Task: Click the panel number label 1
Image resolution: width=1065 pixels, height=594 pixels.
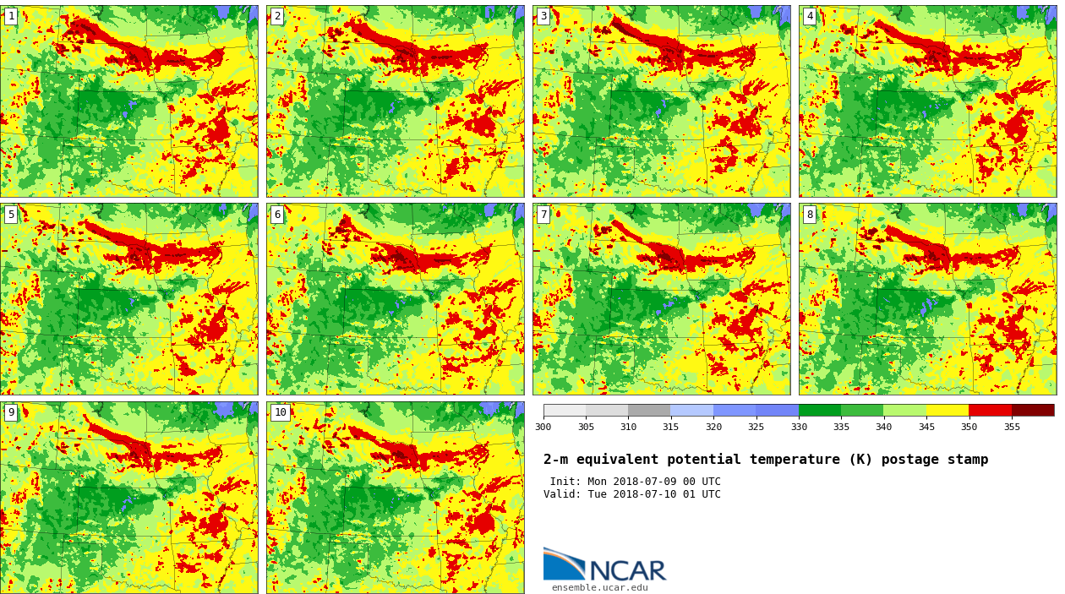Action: (x=11, y=16)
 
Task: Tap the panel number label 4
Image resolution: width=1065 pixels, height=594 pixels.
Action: (x=810, y=16)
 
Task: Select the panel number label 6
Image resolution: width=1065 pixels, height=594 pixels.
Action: (x=277, y=215)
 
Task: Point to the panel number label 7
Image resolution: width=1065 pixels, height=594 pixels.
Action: (x=543, y=215)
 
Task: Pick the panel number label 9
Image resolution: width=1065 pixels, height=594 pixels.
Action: (x=11, y=412)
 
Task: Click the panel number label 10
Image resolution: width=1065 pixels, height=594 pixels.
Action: (x=280, y=412)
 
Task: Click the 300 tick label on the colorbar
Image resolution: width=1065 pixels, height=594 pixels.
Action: (x=543, y=427)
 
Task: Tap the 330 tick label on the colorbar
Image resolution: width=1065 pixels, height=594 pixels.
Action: (x=798, y=427)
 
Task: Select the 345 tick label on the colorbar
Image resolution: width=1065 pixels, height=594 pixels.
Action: (x=926, y=427)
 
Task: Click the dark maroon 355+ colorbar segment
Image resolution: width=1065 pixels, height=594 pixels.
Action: (x=1032, y=410)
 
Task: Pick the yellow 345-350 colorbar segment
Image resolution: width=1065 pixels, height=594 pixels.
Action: (x=947, y=410)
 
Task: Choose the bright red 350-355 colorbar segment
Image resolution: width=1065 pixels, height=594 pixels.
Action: (x=990, y=410)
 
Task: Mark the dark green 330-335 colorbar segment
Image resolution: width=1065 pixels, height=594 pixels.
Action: (x=819, y=410)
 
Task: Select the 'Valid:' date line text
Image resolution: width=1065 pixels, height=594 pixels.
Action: (x=631, y=494)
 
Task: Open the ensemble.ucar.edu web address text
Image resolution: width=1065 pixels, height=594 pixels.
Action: (x=599, y=587)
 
